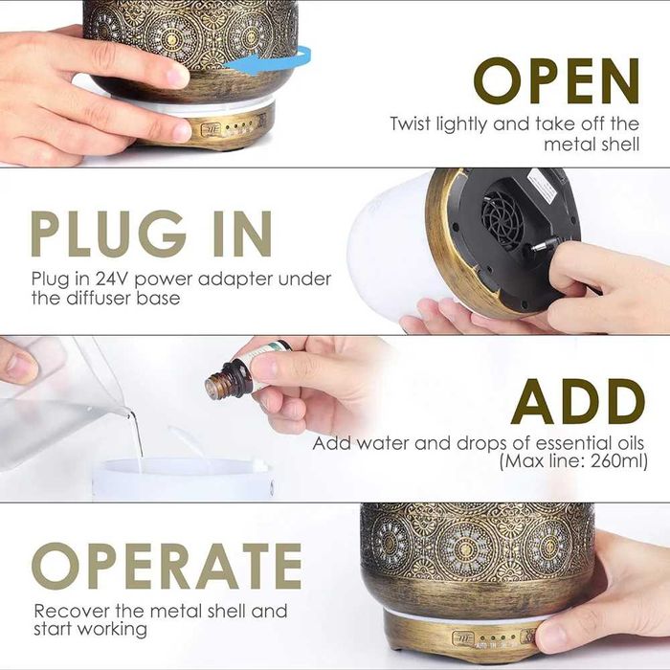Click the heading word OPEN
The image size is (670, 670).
[556, 80]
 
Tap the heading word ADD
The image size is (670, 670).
[578, 402]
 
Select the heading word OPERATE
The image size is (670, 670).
[167, 567]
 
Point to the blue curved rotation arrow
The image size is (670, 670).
[274, 59]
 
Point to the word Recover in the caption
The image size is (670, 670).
[72, 611]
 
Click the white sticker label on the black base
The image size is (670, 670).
[542, 188]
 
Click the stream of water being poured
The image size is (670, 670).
[137, 435]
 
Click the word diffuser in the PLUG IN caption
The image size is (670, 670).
[99, 298]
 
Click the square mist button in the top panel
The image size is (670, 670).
[212, 129]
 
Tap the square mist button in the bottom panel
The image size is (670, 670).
[463, 639]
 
